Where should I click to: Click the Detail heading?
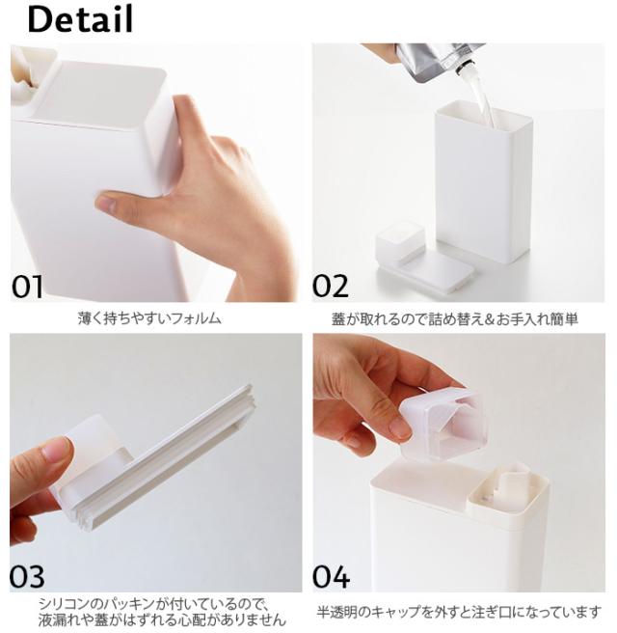point(80,19)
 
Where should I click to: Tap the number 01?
point(27,287)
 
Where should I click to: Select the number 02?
point(331,286)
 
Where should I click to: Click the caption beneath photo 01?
point(149,318)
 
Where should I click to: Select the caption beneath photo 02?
point(454,319)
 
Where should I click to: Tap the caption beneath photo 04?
point(459,612)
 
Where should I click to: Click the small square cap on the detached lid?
point(400,241)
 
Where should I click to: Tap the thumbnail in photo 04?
point(400,428)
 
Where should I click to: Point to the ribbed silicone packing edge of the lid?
point(161,460)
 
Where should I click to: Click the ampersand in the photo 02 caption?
point(486,319)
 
